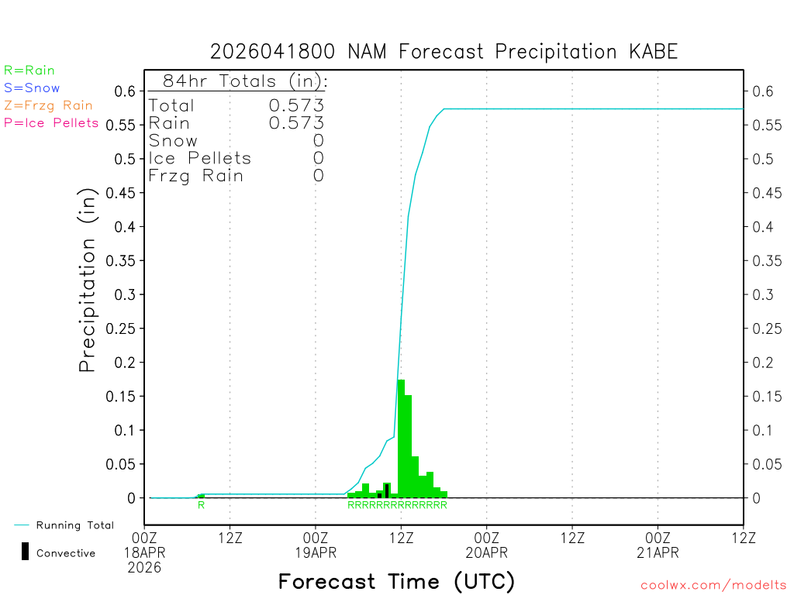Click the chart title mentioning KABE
[x=444, y=52]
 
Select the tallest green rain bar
[x=401, y=438]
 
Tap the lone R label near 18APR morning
[x=201, y=505]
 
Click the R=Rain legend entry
[x=29, y=71]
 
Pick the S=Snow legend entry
[x=32, y=88]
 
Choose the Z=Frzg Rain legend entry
[x=48, y=105]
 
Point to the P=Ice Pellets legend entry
[x=51, y=122]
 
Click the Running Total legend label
[x=74, y=525]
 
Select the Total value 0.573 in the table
[x=296, y=105]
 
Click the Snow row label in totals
[x=173, y=141]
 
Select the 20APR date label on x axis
[x=486, y=553]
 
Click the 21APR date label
[x=658, y=553]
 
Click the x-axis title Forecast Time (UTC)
[x=396, y=581]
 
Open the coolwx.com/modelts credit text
[x=713, y=586]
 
